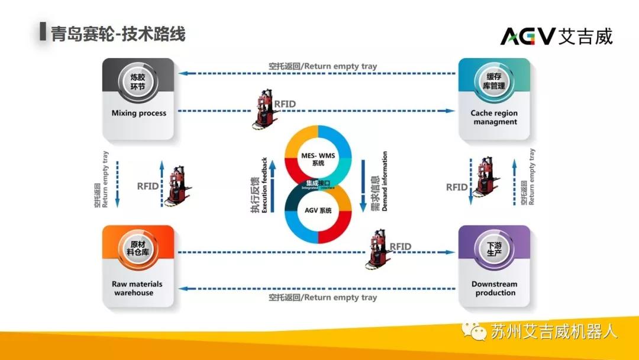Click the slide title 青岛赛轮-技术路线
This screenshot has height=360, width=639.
tap(118, 34)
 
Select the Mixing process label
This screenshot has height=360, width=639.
tap(139, 113)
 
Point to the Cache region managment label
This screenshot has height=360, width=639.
tap(494, 117)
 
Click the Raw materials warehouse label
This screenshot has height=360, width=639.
tap(137, 288)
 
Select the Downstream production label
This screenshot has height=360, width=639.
tap(494, 288)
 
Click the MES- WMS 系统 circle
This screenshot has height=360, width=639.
tap(318, 159)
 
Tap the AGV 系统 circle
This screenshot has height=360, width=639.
tap(318, 211)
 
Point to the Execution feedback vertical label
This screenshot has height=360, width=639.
tap(256, 185)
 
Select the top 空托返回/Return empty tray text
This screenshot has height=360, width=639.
tap(322, 66)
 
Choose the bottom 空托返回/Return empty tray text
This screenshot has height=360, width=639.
tap(322, 297)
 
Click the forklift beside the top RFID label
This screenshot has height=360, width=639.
tap(260, 110)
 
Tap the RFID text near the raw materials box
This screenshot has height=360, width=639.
tap(148, 186)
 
